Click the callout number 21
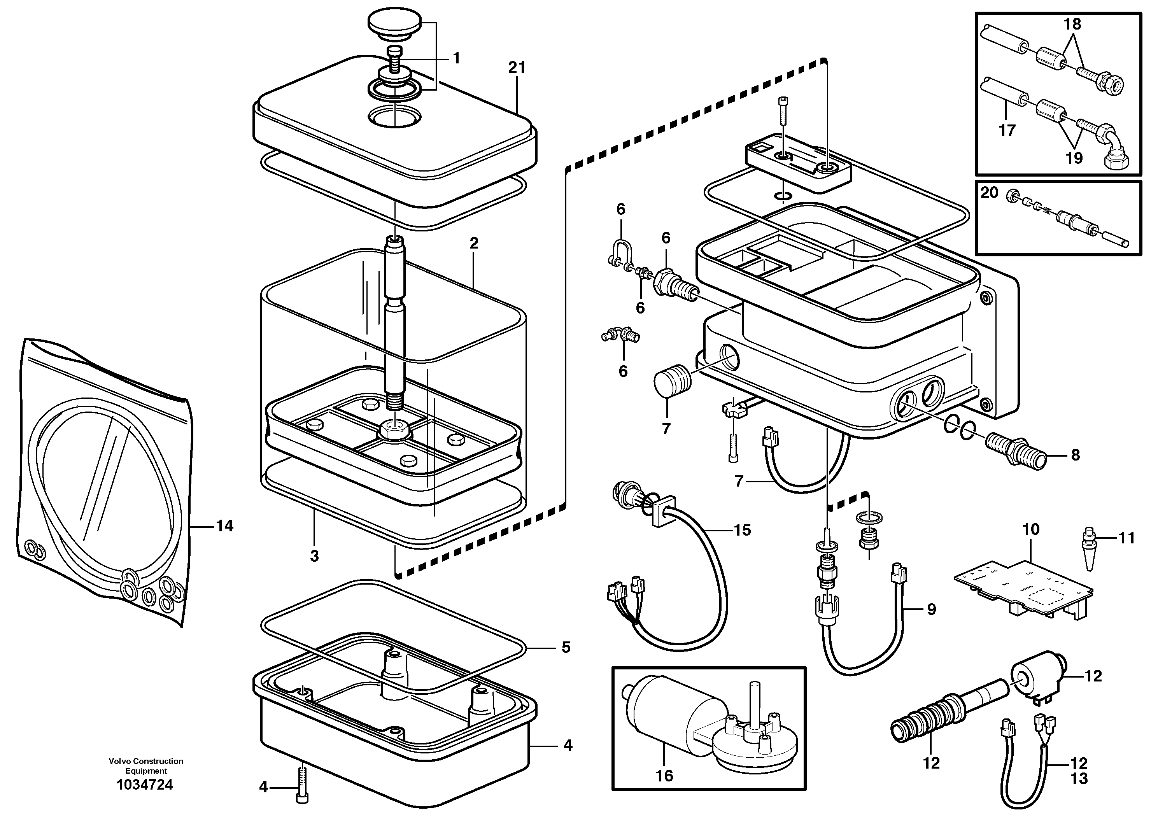pyautogui.click(x=517, y=67)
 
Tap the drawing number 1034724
pyautogui.click(x=144, y=785)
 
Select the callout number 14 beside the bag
pyautogui.click(x=224, y=526)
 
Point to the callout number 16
pyautogui.click(x=664, y=776)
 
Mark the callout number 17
pyautogui.click(x=1007, y=131)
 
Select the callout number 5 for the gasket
pyautogui.click(x=566, y=647)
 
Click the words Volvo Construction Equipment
pyautogui.click(x=146, y=766)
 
